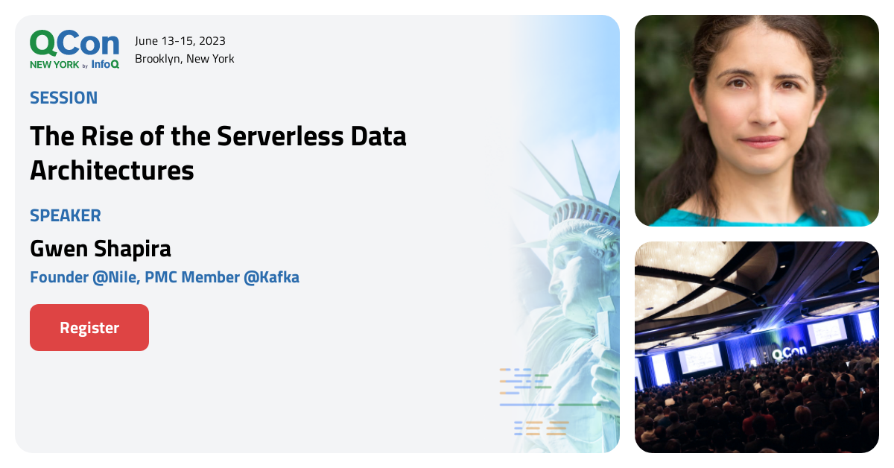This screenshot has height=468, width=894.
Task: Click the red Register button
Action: tap(89, 327)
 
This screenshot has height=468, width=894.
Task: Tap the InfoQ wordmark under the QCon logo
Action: tap(105, 65)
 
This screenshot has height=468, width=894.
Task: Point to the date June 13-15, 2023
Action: tap(180, 41)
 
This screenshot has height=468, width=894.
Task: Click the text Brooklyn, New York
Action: tap(185, 59)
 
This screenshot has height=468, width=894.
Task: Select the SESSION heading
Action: tap(63, 98)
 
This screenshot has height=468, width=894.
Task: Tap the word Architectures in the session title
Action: tap(112, 170)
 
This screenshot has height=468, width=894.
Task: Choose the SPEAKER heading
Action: tap(66, 215)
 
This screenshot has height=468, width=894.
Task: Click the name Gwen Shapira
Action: tap(101, 248)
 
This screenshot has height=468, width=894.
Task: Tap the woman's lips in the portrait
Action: tap(760, 141)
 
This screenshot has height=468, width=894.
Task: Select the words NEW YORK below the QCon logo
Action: tap(54, 65)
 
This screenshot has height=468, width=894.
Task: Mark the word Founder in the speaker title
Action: tap(57, 278)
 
